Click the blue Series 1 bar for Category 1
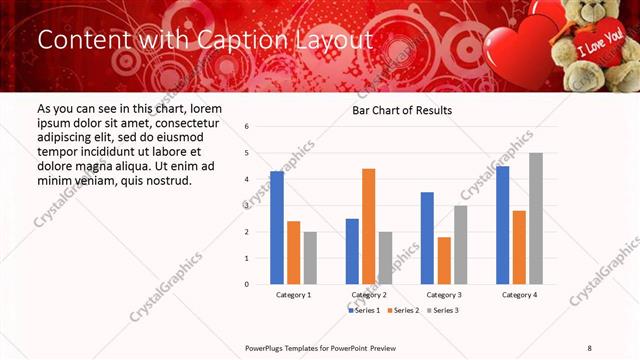coord(277,228)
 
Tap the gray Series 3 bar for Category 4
coord(536,219)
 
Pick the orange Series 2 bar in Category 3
coord(444,260)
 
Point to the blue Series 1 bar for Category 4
coord(502,225)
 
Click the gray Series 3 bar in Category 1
coord(310,258)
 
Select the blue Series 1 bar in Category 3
coord(427,238)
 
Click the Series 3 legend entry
coord(446,311)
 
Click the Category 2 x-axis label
coord(369,295)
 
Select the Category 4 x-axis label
coord(519,295)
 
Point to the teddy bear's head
coord(591,14)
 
